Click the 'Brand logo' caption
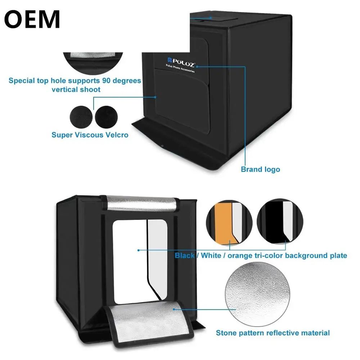[x=260, y=169]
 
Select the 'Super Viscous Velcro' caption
[x=90, y=135]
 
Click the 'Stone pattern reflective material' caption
[x=273, y=333]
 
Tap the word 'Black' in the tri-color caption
[x=185, y=256]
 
